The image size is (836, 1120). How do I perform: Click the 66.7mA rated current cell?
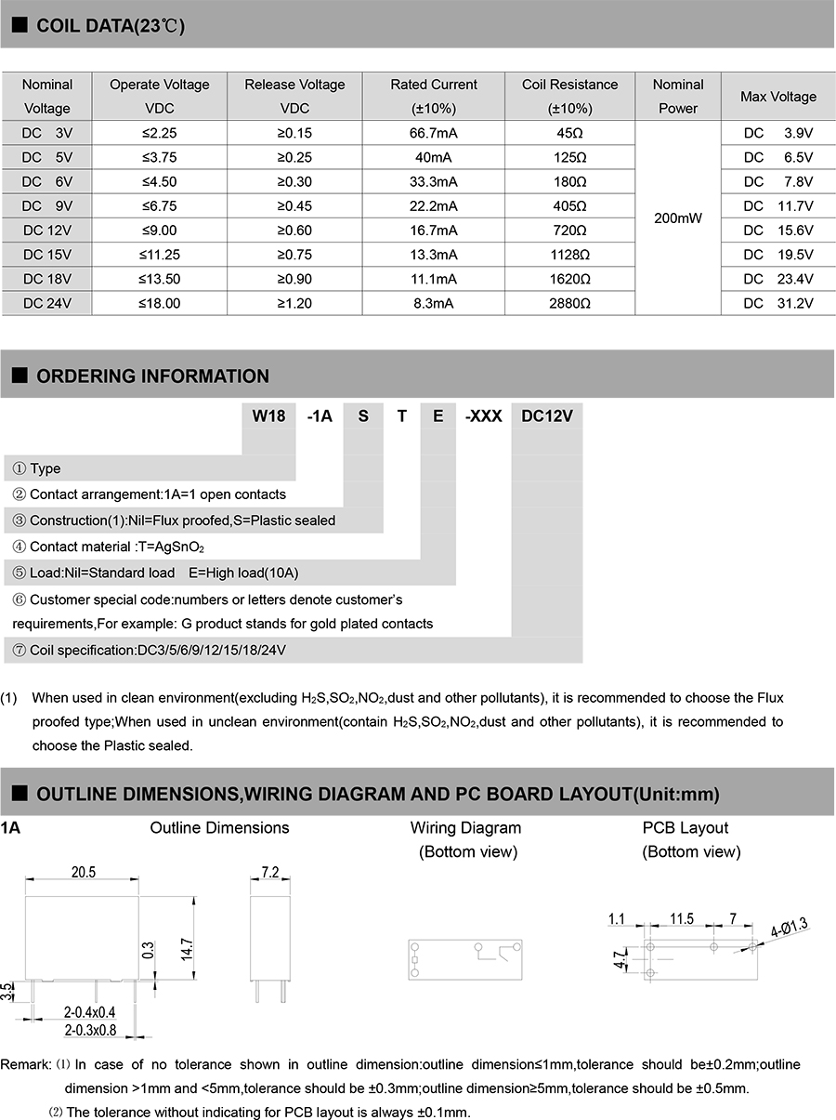434,133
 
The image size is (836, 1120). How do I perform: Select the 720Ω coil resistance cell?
569,231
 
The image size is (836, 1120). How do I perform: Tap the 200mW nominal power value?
678,218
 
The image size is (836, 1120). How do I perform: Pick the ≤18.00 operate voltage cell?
160,303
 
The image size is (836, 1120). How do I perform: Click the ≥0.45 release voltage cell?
294,206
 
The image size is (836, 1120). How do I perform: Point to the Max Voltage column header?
777,97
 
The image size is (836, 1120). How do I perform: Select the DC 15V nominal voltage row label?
47,255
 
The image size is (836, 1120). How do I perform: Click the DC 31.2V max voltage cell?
777,303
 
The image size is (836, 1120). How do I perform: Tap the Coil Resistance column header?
569,96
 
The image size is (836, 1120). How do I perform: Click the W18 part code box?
268,416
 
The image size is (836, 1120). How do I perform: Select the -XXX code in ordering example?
484,416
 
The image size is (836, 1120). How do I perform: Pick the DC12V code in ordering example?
547,416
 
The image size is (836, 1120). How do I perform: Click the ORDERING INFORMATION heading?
152,376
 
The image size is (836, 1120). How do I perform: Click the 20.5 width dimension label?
84,872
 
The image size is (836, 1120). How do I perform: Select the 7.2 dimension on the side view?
270,872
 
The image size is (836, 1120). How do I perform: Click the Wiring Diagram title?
465,827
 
